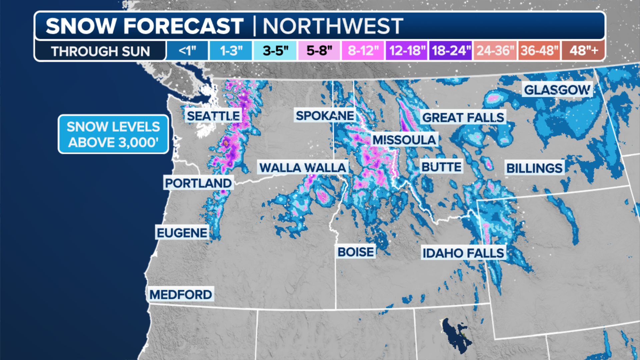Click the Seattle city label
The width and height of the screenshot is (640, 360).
pos(213,116)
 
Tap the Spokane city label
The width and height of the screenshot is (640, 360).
pos(325,116)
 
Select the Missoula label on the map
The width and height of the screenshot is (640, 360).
pos(404,140)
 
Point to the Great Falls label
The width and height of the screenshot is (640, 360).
pos(463,117)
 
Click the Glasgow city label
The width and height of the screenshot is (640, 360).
pos(557,90)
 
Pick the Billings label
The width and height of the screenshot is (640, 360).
pos(534,168)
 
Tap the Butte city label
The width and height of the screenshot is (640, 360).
pos(441,167)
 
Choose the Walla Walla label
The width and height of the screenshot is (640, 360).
pos(303,167)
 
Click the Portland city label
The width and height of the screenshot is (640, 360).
pos(198,183)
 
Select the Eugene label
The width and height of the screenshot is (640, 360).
pos(182,233)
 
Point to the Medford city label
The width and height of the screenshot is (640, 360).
pos(181,294)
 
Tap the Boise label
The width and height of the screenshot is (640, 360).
pos(356,252)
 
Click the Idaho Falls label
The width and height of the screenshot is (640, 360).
pos(463,253)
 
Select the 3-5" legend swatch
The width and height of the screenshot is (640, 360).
pos(275,51)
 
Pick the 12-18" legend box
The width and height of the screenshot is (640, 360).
pos(407,51)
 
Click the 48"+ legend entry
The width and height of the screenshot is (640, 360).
pos(583,51)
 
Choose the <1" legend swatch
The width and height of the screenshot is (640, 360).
pos(187,51)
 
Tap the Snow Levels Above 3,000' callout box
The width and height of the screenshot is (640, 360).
pos(113,134)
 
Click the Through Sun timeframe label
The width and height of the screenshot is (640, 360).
pos(100,51)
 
